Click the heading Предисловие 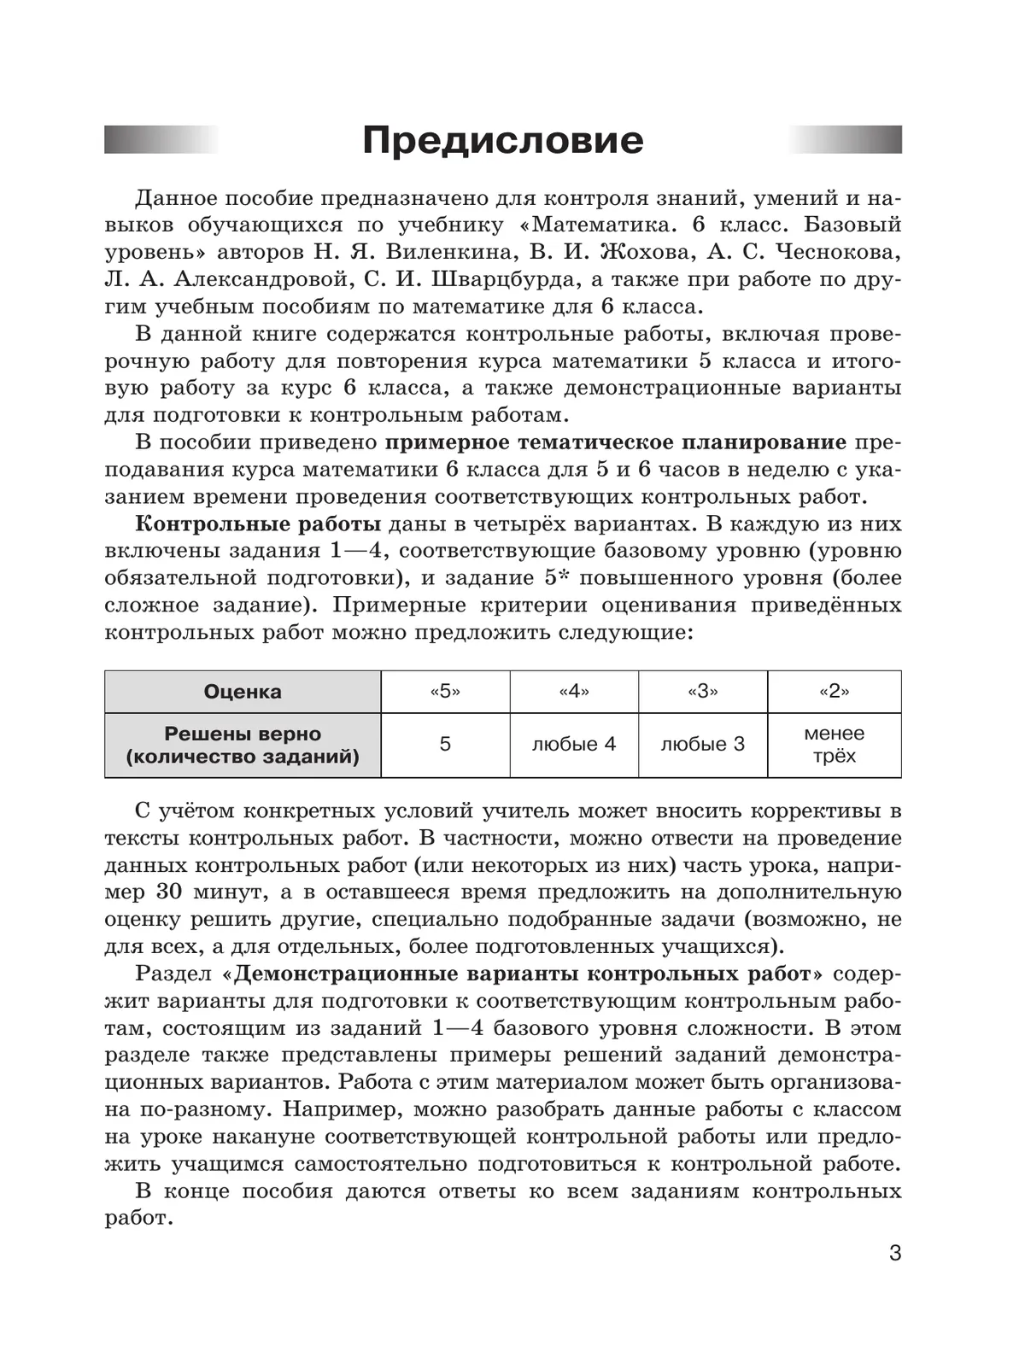click(x=502, y=141)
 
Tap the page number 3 click(x=894, y=1254)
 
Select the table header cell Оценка click(x=243, y=692)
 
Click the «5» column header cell click(x=445, y=692)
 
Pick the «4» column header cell click(x=574, y=692)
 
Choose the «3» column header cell click(x=702, y=692)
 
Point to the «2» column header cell click(x=834, y=692)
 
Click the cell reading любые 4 click(x=574, y=745)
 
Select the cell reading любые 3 click(x=702, y=745)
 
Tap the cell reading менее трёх click(x=834, y=745)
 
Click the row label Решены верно click(x=243, y=734)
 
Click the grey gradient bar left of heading click(x=161, y=139)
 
